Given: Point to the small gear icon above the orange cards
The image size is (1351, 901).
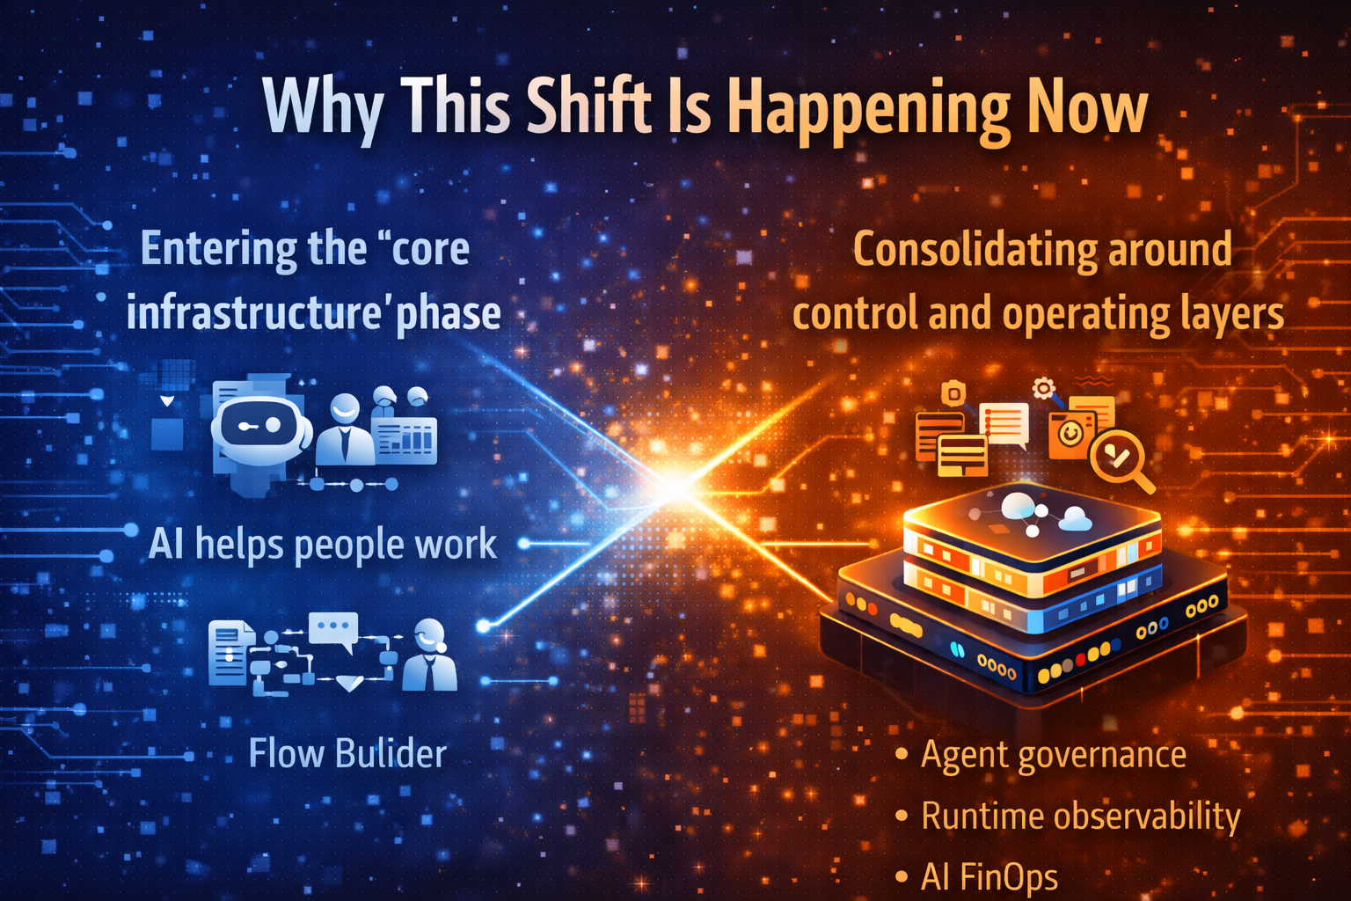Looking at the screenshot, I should click(x=1044, y=387).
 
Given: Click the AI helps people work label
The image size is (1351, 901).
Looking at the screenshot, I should click(x=322, y=544).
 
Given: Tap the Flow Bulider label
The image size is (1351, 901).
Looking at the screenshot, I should click(x=347, y=754).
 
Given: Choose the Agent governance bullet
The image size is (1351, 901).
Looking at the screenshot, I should click(x=1053, y=755).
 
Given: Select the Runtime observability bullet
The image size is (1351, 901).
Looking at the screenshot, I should click(x=1080, y=817).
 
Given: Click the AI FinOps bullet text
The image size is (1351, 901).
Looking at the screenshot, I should click(x=990, y=876).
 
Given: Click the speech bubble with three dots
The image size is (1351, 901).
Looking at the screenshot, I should click(x=333, y=628).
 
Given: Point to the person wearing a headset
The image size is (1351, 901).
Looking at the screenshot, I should click(x=429, y=655).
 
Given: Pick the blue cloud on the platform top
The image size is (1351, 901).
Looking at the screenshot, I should click(x=1075, y=519).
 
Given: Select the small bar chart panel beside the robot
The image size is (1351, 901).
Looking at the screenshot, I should click(x=404, y=438).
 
